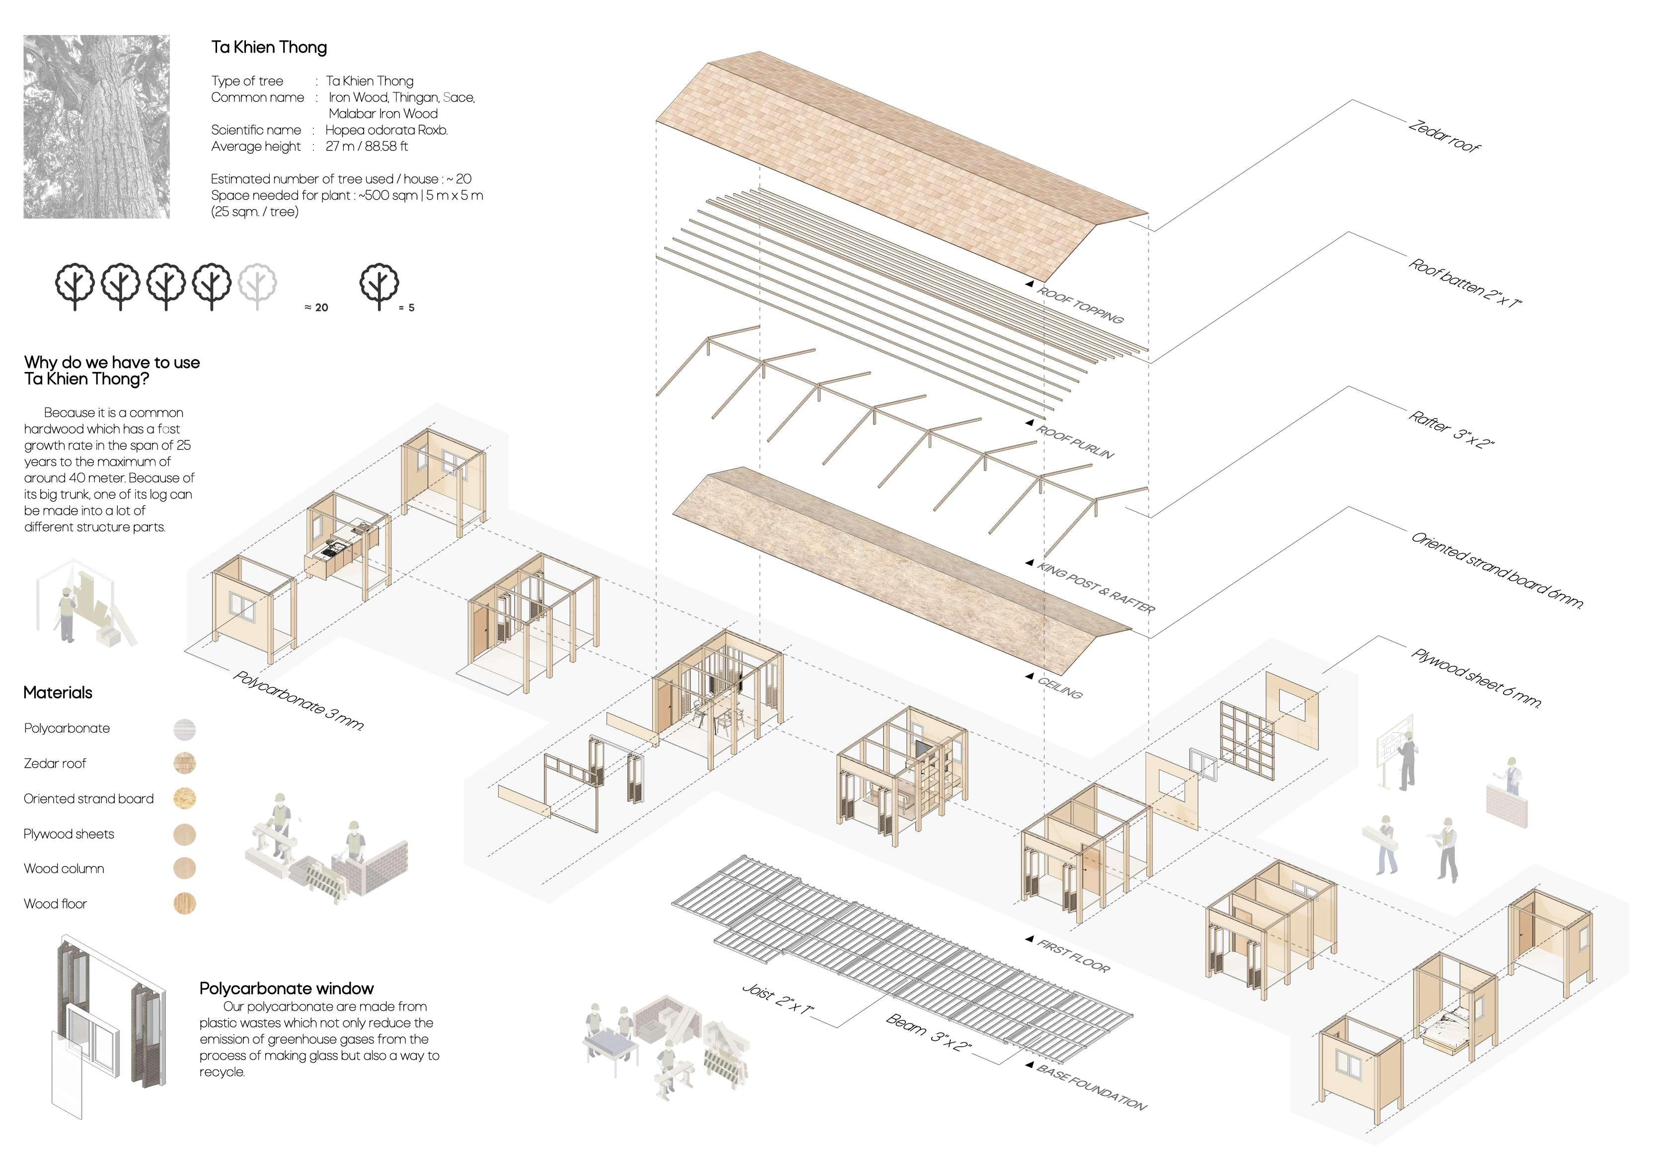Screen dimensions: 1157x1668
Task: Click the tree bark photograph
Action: (96, 126)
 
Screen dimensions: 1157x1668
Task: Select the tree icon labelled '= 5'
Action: (379, 286)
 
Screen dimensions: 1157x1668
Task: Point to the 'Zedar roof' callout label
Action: (1443, 136)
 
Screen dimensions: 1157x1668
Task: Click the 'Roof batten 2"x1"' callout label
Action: (1464, 283)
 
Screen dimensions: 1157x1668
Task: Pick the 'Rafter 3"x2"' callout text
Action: (1451, 429)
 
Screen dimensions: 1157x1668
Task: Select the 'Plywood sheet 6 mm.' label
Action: (1475, 677)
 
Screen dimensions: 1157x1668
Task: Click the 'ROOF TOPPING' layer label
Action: (1080, 304)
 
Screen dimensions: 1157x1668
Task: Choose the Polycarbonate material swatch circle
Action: (185, 728)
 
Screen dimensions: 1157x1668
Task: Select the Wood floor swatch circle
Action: (185, 903)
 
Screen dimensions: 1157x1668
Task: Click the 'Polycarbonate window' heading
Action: (287, 988)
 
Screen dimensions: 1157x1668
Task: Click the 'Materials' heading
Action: (58, 692)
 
